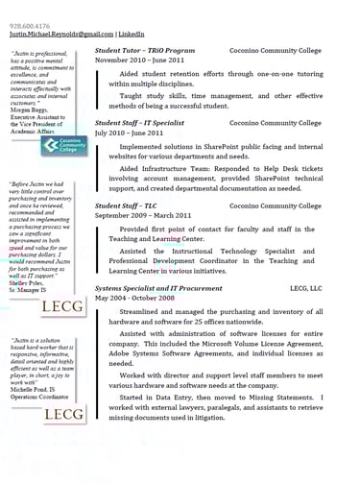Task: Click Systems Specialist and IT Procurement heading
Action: point(161,287)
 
